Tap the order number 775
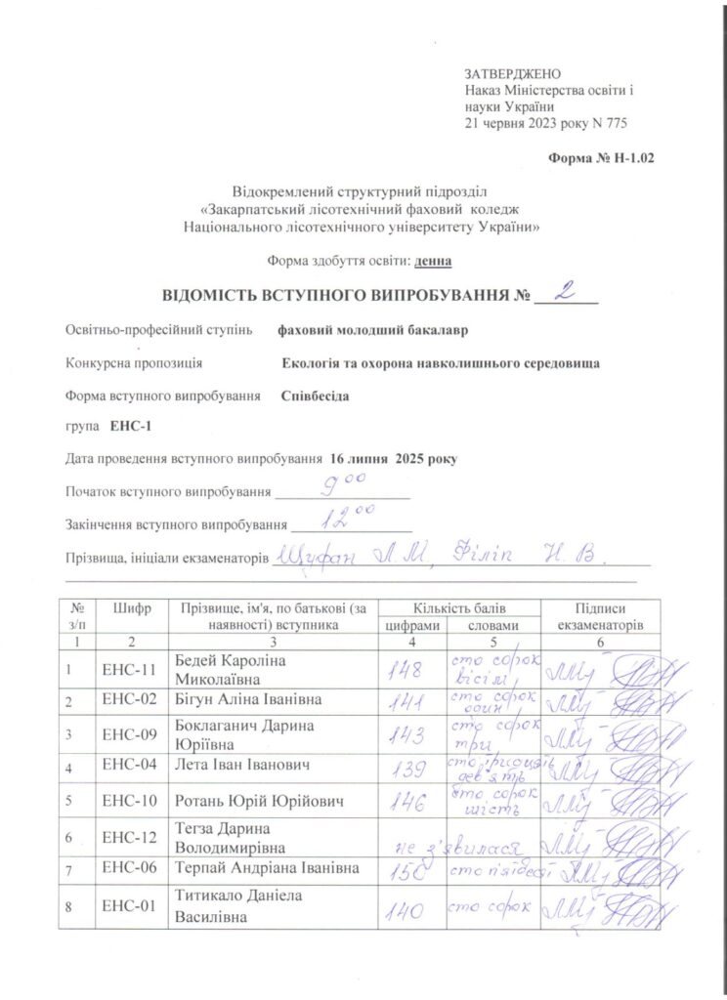(x=614, y=123)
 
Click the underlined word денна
(x=433, y=261)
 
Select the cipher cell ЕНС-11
(x=130, y=670)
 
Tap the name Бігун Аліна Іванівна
(x=247, y=700)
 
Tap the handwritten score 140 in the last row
(x=404, y=911)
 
